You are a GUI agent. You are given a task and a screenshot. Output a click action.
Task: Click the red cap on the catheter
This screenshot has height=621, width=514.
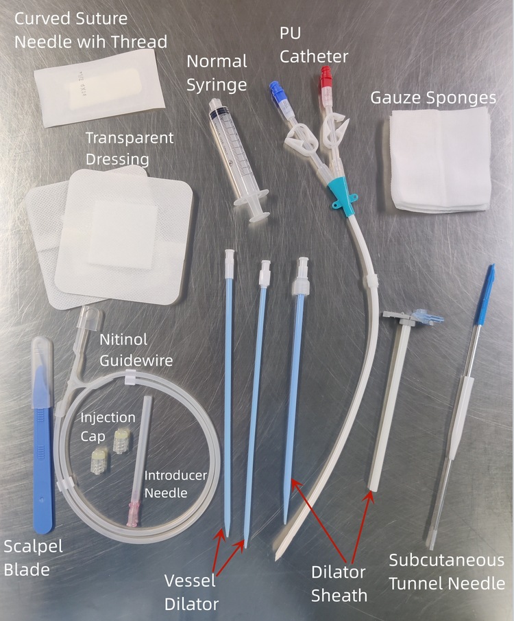(x=326, y=76)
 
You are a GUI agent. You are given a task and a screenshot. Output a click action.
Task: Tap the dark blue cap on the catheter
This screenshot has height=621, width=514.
(x=276, y=91)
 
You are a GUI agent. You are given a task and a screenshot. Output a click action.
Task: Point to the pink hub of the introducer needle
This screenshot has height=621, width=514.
(x=134, y=514)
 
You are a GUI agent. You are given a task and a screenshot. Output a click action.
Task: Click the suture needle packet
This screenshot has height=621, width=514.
(x=99, y=89)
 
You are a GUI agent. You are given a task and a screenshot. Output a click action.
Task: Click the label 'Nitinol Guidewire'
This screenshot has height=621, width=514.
(x=136, y=350)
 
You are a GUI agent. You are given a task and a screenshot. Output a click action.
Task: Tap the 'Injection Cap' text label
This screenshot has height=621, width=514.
(x=108, y=427)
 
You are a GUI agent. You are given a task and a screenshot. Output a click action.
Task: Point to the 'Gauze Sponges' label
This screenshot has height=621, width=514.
(x=433, y=98)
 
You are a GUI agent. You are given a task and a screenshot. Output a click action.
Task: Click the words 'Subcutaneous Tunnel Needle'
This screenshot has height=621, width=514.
(x=447, y=572)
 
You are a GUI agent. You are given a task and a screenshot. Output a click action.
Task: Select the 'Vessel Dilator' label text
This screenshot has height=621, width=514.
(x=191, y=592)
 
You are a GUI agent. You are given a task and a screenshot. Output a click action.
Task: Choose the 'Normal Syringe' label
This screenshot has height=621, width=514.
(x=217, y=73)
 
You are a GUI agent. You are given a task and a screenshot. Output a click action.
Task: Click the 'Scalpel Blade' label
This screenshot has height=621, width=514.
(x=33, y=558)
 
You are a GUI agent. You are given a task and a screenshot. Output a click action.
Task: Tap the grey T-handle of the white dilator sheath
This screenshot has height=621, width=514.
(x=399, y=318)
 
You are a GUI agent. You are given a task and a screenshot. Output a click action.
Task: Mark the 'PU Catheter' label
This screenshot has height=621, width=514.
(x=313, y=45)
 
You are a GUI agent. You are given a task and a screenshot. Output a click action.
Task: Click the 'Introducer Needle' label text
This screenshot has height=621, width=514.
(x=175, y=484)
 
